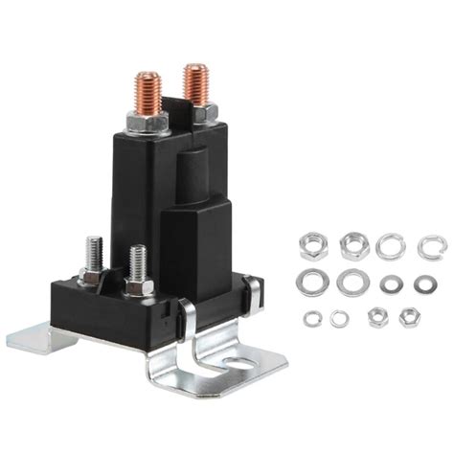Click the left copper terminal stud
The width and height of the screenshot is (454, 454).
(148, 93)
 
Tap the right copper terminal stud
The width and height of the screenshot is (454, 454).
(196, 84)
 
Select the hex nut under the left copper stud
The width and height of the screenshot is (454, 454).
(148, 121)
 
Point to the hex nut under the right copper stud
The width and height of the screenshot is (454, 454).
(202, 113)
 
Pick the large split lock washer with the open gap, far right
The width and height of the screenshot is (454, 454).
(431, 247)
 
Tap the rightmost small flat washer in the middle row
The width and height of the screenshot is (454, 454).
(425, 284)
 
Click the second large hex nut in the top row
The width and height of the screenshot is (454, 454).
(351, 245)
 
